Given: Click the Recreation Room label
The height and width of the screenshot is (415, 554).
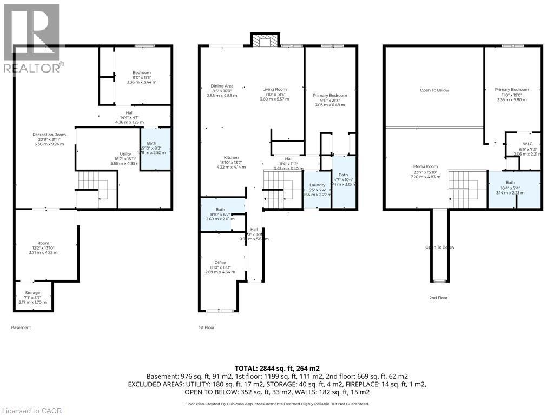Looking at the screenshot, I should pos(49,134).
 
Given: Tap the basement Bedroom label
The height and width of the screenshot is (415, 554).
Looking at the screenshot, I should pos(142,72).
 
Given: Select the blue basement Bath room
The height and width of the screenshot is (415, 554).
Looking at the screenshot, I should pos(156,149).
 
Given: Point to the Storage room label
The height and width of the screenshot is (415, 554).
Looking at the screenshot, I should pos(32,293).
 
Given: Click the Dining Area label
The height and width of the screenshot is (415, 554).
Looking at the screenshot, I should pos(222,86).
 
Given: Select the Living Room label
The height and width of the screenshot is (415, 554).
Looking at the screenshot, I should pos(275,89).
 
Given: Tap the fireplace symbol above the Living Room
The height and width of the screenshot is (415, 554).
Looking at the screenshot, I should pos(264,41).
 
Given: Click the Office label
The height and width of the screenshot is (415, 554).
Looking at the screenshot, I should pos(220,263).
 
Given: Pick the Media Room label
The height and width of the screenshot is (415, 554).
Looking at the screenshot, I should pos(425,166).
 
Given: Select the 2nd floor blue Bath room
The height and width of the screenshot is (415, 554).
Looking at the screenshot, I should pos(514,189).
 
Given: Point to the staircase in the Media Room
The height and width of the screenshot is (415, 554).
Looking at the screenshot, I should pos(463,186).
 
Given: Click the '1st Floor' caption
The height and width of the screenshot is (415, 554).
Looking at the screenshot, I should pos(206,327).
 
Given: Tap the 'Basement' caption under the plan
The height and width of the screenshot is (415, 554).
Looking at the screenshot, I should pos(21,327).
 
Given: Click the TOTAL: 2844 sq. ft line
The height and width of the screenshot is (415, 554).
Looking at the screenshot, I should pos(276,367).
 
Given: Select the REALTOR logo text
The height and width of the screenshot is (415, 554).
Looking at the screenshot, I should pos(32,68).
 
